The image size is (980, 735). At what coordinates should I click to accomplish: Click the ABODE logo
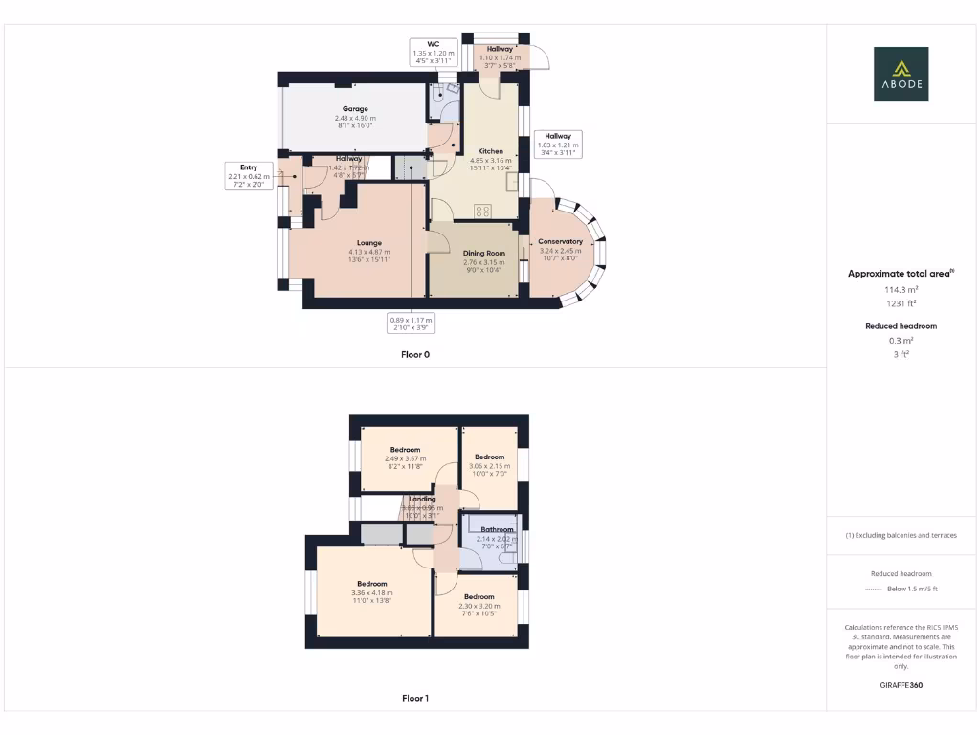coord(901,74)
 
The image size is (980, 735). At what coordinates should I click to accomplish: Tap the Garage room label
coord(356,109)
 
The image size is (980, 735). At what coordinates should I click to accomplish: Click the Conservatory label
coord(560,241)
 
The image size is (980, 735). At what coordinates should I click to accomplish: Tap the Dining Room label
coord(484,253)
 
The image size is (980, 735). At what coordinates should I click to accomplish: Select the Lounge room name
coord(369,243)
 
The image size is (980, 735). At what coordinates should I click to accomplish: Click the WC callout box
coord(433,52)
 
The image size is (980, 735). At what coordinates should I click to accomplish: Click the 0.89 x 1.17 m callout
coord(411,323)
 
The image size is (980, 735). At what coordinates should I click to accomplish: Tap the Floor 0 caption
coord(415,354)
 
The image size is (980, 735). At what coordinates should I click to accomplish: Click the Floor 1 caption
coord(415,699)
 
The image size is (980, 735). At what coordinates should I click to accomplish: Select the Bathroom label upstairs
coord(497,529)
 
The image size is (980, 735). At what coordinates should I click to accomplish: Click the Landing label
coord(422,499)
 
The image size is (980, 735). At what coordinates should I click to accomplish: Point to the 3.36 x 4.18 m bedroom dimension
coord(371,593)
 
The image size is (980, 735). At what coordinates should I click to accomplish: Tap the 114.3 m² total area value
coord(901,288)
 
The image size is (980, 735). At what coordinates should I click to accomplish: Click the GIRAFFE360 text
coord(901,685)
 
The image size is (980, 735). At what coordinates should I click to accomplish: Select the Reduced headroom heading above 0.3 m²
coord(901,326)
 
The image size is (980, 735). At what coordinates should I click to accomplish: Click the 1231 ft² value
coord(901,302)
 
